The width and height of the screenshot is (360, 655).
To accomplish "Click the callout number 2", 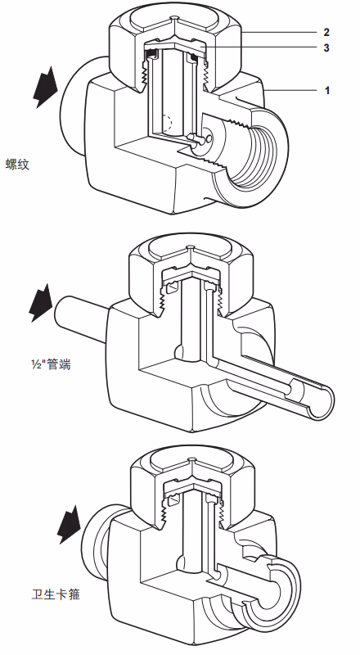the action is click(x=326, y=32).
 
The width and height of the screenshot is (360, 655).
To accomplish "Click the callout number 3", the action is click(x=326, y=47).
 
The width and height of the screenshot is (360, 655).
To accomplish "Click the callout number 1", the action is click(x=327, y=90).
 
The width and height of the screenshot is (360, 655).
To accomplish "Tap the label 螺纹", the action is click(x=17, y=164).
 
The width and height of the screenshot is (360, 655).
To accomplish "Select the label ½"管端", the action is click(x=47, y=364).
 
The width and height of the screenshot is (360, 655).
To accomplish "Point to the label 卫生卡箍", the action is click(x=56, y=594).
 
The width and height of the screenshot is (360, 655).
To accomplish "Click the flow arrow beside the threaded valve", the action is click(x=45, y=87).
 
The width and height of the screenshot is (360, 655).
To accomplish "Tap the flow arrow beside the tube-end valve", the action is click(x=41, y=303).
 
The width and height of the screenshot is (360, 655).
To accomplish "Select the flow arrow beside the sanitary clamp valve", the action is click(x=69, y=525).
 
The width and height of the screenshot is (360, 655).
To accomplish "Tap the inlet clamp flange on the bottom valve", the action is click(x=96, y=541).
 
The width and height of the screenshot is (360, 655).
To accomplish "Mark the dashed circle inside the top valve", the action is click(x=167, y=124).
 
